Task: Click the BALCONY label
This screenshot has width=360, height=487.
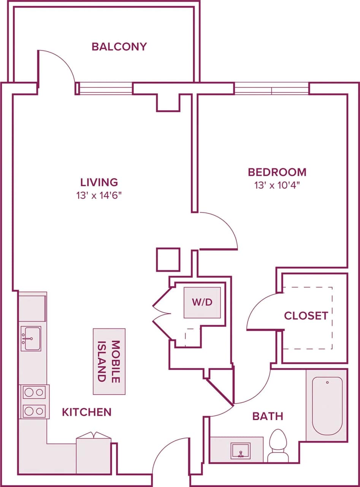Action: coord(119,47)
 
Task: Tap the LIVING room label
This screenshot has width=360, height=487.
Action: coord(99,182)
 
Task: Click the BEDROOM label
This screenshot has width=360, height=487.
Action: coord(277,172)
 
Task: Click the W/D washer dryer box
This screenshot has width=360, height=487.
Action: coord(202,302)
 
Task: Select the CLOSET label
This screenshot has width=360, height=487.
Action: coord(306,316)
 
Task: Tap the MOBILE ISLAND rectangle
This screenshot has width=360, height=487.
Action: coord(109,361)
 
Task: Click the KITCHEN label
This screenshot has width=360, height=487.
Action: coord(87,412)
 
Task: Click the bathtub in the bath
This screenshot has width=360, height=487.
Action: coord(327,406)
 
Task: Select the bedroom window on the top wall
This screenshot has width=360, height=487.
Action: coord(271,89)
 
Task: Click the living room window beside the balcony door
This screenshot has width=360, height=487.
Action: coord(105,89)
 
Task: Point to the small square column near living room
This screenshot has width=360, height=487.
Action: coord(168,259)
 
